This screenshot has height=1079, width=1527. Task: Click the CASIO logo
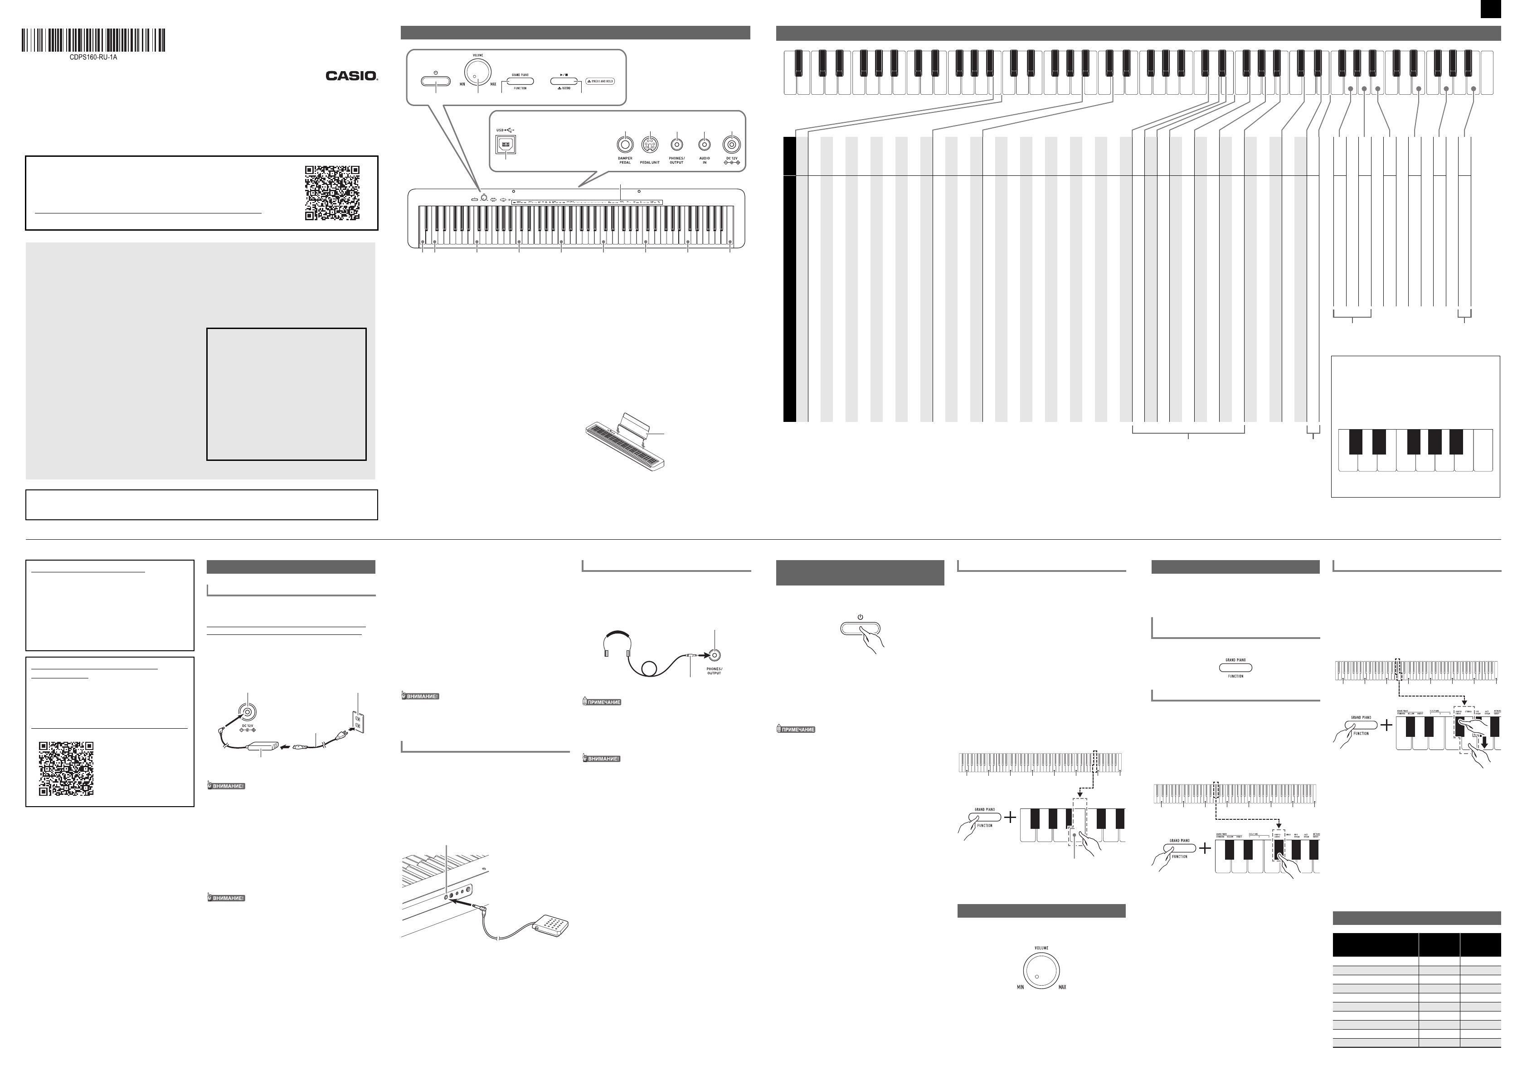(x=351, y=76)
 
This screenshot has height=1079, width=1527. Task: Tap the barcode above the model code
(x=93, y=40)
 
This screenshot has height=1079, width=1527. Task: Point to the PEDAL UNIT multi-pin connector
(x=650, y=144)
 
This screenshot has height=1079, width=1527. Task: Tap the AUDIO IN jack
(x=704, y=144)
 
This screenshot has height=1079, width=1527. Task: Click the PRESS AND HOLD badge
(x=601, y=81)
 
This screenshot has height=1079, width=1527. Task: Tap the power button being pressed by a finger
(x=860, y=629)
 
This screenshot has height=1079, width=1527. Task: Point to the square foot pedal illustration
(x=551, y=924)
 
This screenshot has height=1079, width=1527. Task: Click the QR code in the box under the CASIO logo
(x=332, y=193)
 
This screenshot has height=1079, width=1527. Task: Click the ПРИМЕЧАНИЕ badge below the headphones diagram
(x=602, y=702)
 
